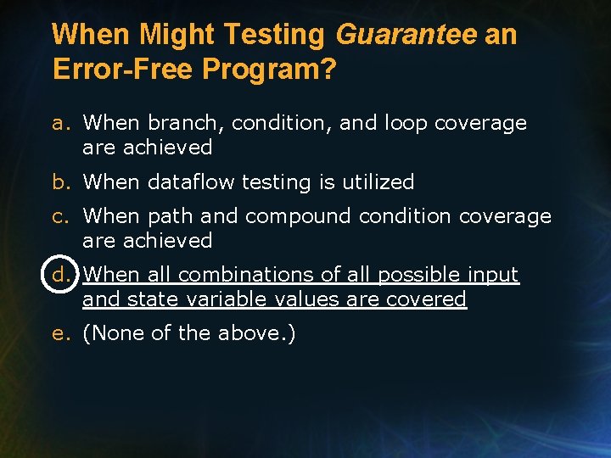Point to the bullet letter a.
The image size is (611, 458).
[59, 124]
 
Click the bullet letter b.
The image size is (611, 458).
[59, 182]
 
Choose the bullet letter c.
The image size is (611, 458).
[59, 217]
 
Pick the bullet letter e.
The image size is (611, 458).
[59, 334]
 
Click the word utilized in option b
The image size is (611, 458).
[378, 182]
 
